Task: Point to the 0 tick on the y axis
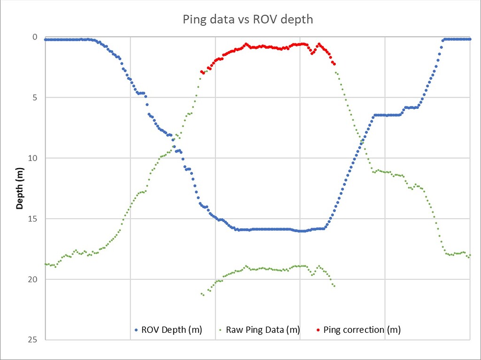tap(35, 37)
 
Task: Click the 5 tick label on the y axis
tap(35, 98)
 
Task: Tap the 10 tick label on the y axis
tap(33, 158)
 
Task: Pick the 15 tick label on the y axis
tap(33, 219)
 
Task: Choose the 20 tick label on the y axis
tap(33, 279)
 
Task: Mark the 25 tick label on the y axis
tap(33, 340)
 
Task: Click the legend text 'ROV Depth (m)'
tap(171, 330)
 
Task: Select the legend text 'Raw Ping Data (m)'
tap(263, 330)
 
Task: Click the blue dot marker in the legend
tap(136, 330)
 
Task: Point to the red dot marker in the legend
tap(318, 330)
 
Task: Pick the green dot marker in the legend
tap(221, 330)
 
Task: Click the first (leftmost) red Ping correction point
tap(202, 72)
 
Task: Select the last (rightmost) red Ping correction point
tap(334, 64)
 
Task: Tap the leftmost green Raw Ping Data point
tap(46, 264)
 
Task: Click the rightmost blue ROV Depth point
tap(470, 39)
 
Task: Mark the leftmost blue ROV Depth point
tap(46, 39)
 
